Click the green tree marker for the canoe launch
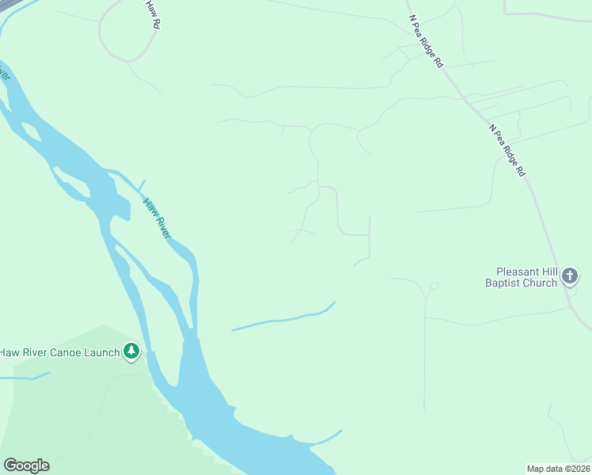point(131,351)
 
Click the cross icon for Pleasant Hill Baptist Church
point(570,276)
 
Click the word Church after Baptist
point(541,283)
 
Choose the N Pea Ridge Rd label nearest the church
point(507,150)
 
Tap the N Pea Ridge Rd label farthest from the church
point(425,40)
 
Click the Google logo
point(26,465)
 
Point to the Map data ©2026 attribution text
point(558,469)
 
